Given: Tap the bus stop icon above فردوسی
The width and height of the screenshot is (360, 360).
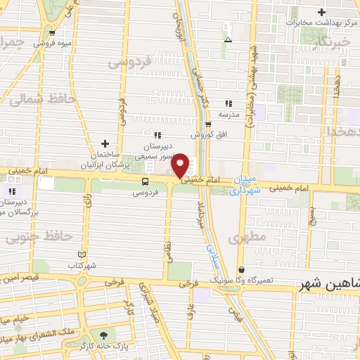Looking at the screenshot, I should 145,180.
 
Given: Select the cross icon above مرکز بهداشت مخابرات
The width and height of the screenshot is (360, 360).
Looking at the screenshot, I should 321,12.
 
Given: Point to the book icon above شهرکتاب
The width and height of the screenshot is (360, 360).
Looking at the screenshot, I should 82,254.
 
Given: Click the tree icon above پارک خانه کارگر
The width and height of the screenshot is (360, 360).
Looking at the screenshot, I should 105,335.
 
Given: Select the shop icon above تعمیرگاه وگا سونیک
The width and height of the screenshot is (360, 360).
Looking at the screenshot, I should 242,269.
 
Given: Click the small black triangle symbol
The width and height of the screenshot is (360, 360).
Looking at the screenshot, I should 227,39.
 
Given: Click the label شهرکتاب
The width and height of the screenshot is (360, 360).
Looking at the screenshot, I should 82,265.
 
